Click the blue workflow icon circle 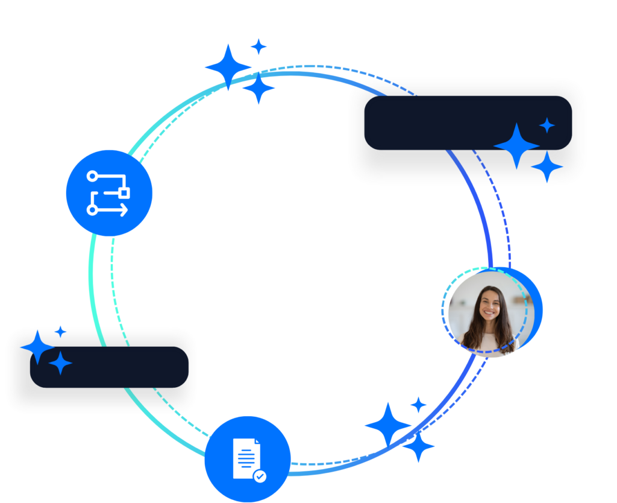click(x=109, y=193)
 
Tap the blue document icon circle click(x=248, y=458)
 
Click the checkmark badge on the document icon click(x=260, y=476)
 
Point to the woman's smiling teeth click(x=489, y=315)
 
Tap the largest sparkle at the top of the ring click(x=228, y=66)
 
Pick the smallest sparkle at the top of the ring click(x=258, y=46)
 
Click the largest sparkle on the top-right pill click(x=516, y=146)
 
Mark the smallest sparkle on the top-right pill click(x=547, y=125)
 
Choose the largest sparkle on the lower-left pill click(x=37, y=347)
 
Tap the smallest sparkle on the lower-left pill click(x=60, y=331)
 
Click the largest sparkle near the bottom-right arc click(x=388, y=425)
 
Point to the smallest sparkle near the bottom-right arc click(x=418, y=404)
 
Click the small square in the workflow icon click(x=125, y=192)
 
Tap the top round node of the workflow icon click(x=92, y=176)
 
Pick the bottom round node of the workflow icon click(x=92, y=209)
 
